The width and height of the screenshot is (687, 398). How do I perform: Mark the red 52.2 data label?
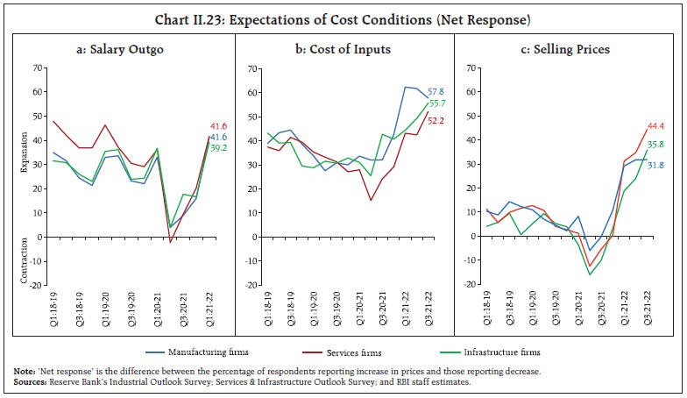(x=436, y=120)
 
